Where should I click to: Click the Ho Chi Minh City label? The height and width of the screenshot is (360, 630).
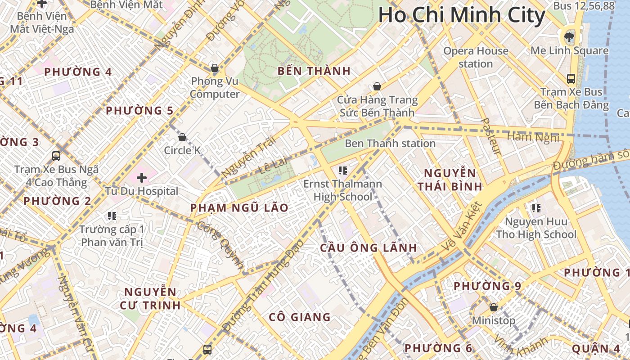click(462, 15)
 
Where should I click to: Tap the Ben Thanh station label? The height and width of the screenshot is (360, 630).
click(390, 144)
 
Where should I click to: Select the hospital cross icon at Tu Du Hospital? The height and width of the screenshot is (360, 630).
click(142, 178)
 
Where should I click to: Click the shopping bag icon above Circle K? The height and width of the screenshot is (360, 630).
click(182, 137)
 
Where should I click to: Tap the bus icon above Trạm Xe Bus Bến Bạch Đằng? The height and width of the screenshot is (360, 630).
click(571, 79)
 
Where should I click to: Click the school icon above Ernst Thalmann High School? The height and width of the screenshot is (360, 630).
click(343, 171)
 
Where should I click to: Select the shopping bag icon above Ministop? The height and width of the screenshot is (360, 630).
click(494, 307)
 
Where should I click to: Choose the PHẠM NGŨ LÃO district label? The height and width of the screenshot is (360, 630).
click(239, 208)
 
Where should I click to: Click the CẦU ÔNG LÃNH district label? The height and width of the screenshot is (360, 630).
click(369, 248)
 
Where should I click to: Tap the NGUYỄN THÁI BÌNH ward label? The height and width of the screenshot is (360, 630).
click(450, 180)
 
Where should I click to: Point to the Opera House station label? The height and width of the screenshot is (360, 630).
click(476, 57)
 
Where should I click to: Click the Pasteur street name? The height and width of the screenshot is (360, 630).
click(491, 136)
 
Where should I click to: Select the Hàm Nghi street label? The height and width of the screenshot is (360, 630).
click(534, 136)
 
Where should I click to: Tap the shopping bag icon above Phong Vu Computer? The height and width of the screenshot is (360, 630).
click(215, 68)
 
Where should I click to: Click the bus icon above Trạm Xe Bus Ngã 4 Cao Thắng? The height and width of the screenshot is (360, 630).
click(56, 156)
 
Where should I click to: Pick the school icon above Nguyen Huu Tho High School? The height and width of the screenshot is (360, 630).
click(536, 208)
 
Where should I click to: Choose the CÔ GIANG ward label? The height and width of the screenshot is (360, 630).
click(300, 317)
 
